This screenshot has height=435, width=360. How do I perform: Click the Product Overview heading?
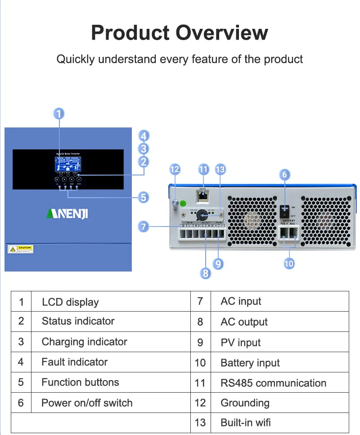180,33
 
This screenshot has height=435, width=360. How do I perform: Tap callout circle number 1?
59,113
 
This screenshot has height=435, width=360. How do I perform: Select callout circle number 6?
284,175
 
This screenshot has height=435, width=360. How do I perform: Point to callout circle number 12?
175,169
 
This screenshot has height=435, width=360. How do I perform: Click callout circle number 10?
289,263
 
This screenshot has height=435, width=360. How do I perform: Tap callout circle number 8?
206,273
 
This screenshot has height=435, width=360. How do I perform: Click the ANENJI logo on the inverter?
67,213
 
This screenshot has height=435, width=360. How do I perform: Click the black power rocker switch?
284,209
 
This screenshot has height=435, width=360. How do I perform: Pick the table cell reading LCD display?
70,302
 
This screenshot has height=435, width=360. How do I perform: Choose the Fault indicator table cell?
74,362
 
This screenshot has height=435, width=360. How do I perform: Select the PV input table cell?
240,343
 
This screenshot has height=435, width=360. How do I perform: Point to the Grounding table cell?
245,403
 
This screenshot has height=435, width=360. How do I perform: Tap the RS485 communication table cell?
273,383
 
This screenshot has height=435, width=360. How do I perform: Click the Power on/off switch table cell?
87,403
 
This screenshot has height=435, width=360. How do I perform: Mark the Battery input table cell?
250,363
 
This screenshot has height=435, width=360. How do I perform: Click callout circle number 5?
143,197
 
